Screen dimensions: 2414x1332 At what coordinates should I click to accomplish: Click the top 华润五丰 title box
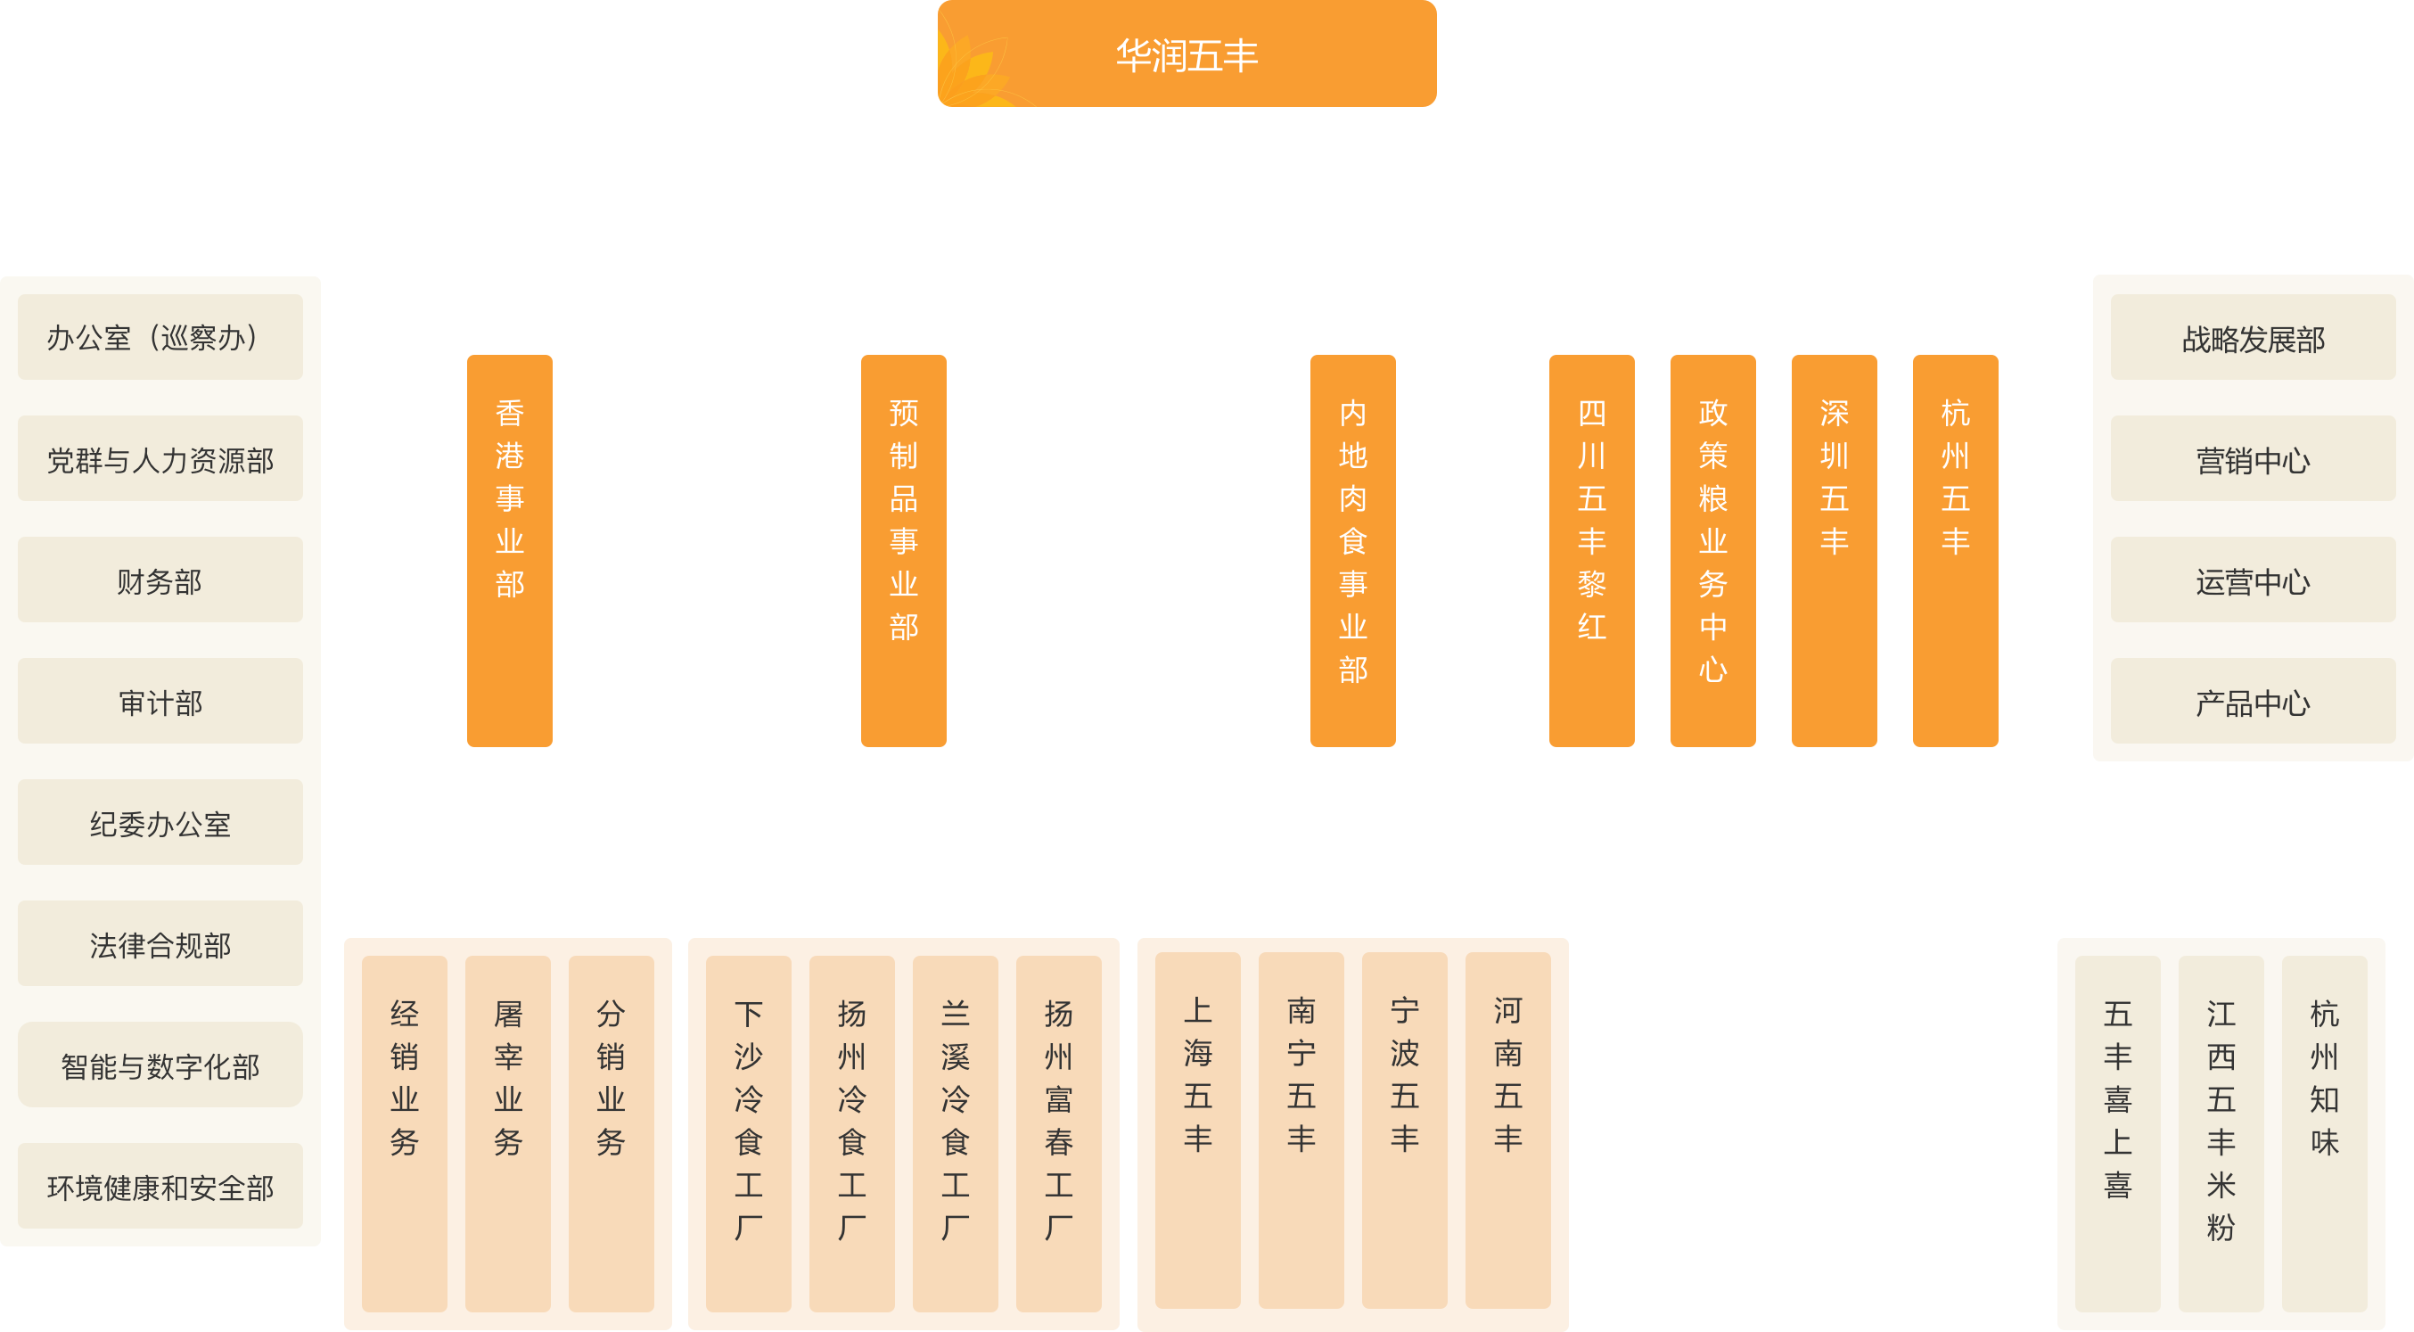[x=1186, y=53]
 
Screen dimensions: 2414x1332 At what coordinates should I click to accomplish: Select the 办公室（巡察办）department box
[x=160, y=337]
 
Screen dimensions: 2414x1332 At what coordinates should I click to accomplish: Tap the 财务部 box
[x=160, y=580]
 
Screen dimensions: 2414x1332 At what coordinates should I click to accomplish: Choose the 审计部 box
[x=160, y=701]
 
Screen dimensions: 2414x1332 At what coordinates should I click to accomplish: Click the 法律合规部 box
[x=160, y=944]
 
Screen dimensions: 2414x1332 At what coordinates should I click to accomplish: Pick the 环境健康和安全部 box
[x=160, y=1187]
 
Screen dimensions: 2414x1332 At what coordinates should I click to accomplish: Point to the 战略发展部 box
[x=2253, y=337]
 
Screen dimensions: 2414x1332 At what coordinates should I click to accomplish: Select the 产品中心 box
[x=2253, y=701]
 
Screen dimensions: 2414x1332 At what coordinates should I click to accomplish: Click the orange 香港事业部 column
[x=510, y=551]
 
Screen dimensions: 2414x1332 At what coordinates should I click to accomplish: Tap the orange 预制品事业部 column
[x=903, y=551]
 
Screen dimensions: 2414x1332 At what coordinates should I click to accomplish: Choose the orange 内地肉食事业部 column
[x=1353, y=551]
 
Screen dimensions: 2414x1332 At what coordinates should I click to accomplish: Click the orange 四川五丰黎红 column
[x=1592, y=551]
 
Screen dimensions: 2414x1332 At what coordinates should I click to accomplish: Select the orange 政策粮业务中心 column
[x=1713, y=551]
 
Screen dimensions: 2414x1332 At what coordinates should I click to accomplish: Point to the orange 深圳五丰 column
[x=1834, y=551]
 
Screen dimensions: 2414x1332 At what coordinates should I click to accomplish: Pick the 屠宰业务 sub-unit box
[x=508, y=1134]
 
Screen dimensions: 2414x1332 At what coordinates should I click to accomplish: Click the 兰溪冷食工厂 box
[x=955, y=1134]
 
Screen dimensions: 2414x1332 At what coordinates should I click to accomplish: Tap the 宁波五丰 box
[x=1405, y=1131]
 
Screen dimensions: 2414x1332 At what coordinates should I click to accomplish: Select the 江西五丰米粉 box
[x=2221, y=1134]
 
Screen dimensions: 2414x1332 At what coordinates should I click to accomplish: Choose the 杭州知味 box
[x=2325, y=1134]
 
